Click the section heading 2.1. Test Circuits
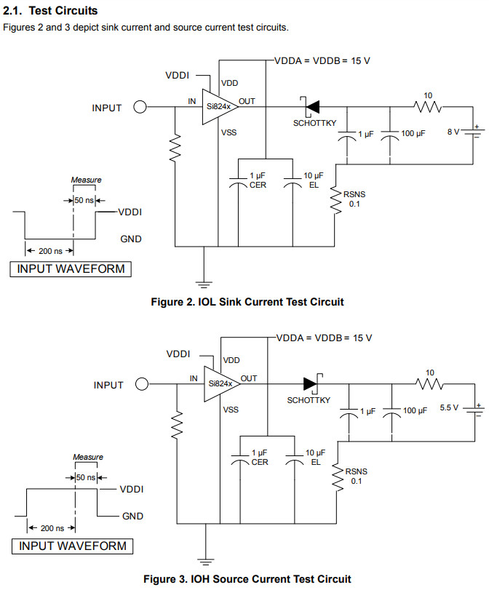coord(51,12)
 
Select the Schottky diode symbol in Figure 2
coord(314,107)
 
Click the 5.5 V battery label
coord(449,408)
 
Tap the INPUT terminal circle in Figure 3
coord(143,385)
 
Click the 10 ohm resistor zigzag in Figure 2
coord(429,108)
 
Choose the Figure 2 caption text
coord(247,301)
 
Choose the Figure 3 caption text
coord(247,579)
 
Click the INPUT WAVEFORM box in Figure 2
coord(71,269)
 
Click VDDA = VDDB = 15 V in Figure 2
coord(322,60)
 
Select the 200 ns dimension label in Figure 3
coord(52,528)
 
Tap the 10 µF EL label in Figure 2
coord(314,180)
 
